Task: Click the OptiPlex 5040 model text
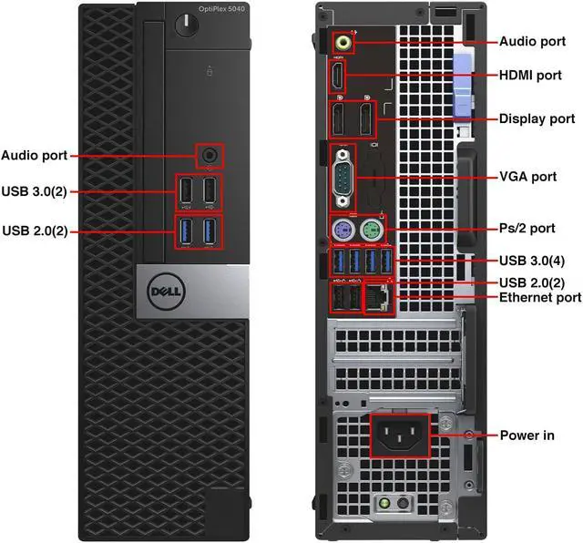click(220, 9)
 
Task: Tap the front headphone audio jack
click(210, 155)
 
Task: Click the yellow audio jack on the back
click(343, 41)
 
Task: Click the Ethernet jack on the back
click(377, 297)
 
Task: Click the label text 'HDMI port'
click(536, 75)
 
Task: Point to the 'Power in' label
click(527, 435)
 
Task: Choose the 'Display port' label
click(537, 119)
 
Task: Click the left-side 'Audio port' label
click(34, 156)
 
